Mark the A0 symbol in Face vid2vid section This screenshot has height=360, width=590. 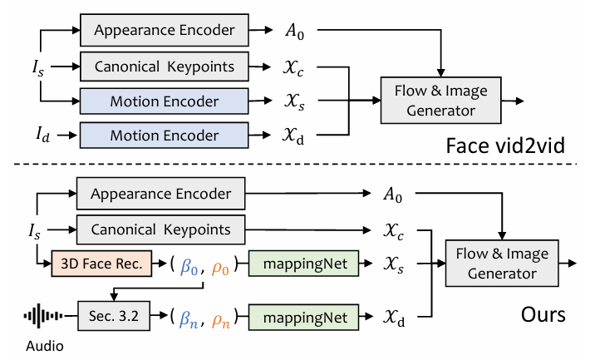coord(290,30)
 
